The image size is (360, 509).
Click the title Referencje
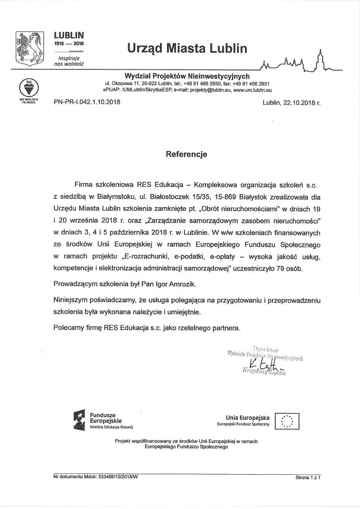click(x=186, y=154)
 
